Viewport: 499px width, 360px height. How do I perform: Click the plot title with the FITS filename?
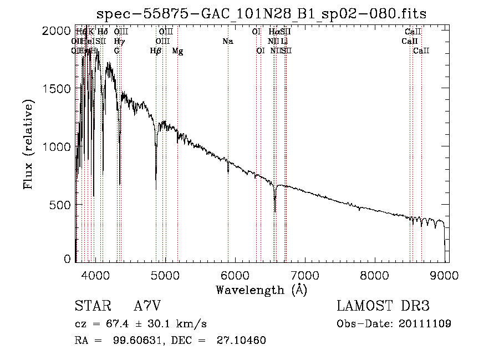[261, 13]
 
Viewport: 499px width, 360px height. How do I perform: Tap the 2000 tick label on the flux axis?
[57, 31]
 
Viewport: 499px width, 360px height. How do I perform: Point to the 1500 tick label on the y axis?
[57, 89]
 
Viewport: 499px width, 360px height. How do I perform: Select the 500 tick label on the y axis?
[60, 205]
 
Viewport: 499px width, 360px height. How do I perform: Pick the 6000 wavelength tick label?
[235, 274]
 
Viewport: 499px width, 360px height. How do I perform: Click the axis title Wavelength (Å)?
[261, 290]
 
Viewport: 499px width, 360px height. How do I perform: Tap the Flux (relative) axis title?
[28, 144]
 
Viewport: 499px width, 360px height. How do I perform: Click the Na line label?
[227, 42]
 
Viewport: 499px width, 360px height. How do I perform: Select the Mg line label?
[177, 51]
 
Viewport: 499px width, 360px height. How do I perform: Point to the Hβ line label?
[156, 51]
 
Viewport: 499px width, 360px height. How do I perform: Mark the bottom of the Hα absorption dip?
[275, 211]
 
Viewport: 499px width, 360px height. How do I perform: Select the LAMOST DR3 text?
[383, 307]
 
